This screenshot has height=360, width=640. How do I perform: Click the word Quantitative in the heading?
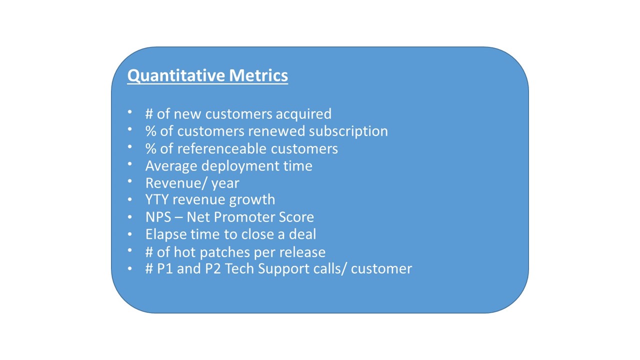coord(176,75)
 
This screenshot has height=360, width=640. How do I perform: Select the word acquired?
coord(303,114)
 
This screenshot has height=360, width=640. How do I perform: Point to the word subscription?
coord(348,131)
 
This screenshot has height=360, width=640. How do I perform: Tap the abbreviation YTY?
coord(156,199)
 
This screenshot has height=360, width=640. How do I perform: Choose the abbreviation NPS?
coord(156,217)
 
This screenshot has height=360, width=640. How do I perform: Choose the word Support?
coord(280,269)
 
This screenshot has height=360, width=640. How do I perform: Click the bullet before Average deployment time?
coord(130,164)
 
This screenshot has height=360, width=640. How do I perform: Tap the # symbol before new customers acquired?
coord(149,114)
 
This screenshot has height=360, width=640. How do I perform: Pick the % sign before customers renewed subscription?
coord(150,131)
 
